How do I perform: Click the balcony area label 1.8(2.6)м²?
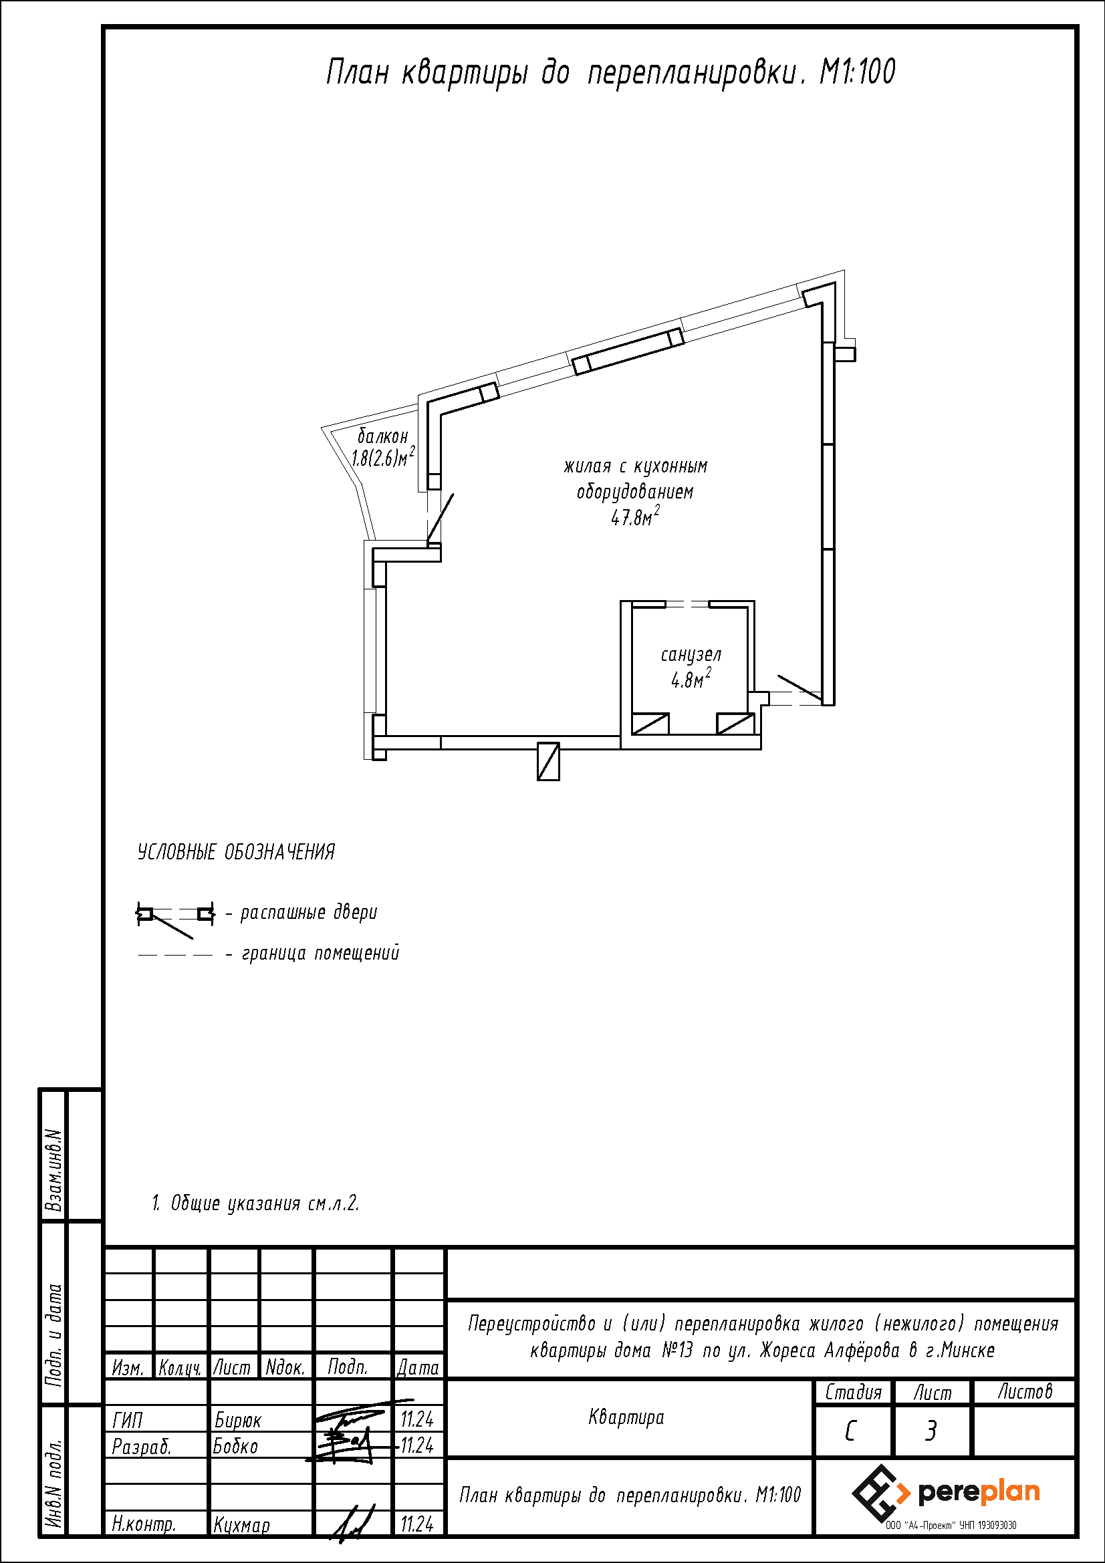(x=383, y=457)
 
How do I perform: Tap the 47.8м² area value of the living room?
(x=635, y=517)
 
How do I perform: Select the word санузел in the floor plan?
(x=691, y=655)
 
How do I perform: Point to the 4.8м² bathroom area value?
(x=691, y=679)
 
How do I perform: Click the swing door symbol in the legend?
(x=176, y=919)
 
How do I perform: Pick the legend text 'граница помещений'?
(x=321, y=953)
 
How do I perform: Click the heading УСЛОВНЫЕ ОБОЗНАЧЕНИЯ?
(x=236, y=852)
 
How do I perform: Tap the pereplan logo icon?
(x=880, y=1494)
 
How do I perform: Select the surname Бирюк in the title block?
(x=237, y=1421)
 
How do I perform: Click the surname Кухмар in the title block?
(x=242, y=1525)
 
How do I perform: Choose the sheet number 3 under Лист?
(x=931, y=1431)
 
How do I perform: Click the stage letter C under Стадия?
(x=850, y=1431)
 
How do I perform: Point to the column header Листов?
(x=1025, y=1391)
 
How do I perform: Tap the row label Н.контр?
(x=144, y=1525)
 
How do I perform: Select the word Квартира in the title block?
(x=626, y=1418)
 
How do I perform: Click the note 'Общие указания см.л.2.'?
(x=264, y=1203)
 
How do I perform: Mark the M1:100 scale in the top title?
(x=858, y=72)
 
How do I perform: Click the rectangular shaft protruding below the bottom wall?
(x=548, y=761)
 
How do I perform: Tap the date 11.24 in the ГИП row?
(x=416, y=1420)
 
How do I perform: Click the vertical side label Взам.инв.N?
(x=53, y=1170)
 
